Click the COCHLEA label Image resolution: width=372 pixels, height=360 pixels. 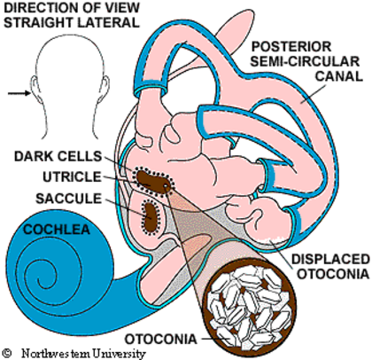tap(57, 230)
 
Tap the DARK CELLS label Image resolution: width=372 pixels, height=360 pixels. tap(58, 156)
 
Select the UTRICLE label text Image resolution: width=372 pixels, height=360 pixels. tap(72, 177)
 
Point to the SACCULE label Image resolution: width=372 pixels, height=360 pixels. tap(68, 199)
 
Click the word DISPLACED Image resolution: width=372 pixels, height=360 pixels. tap(330, 259)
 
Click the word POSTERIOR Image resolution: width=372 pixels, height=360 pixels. tap(291, 47)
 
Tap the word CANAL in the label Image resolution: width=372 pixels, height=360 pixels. tap(339, 76)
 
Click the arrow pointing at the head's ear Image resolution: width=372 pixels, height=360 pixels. tap(19, 93)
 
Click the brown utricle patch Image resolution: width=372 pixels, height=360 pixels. tap(153, 183)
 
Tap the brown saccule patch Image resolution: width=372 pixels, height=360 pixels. tap(151, 217)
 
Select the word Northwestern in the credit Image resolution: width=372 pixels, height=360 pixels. tap(55, 353)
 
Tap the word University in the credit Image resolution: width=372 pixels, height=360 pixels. tap(119, 354)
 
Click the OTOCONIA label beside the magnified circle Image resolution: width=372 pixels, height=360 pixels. tap(161, 339)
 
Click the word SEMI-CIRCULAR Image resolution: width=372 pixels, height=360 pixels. tap(305, 61)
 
